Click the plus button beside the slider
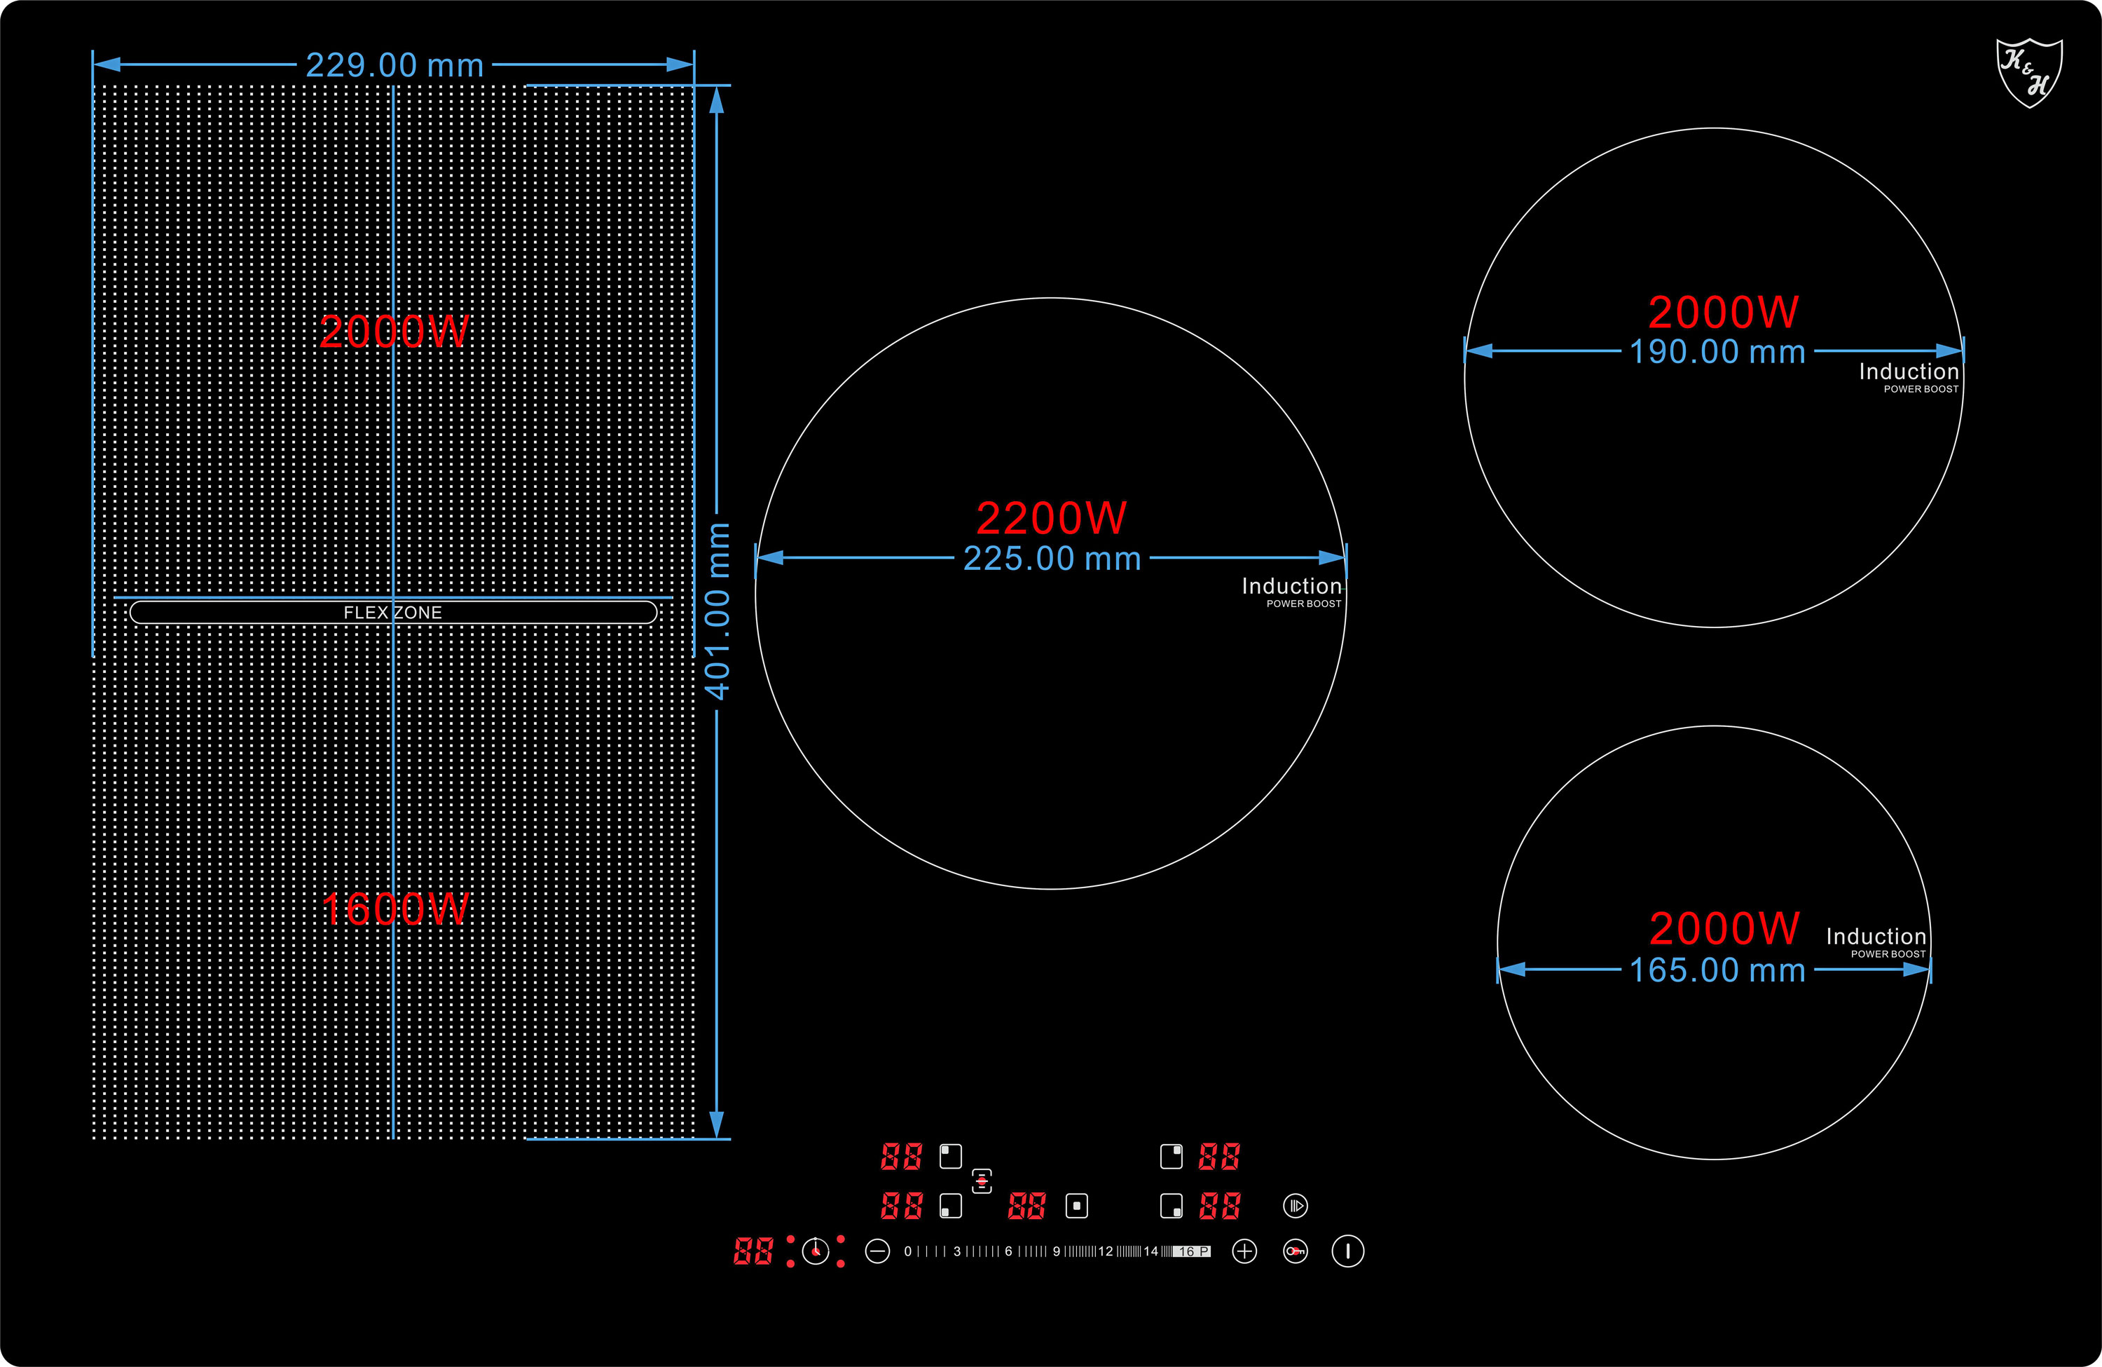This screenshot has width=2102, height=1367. [x=1244, y=1251]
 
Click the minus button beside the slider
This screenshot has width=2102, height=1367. [x=877, y=1251]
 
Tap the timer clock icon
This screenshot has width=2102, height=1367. [x=815, y=1251]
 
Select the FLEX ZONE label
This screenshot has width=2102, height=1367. [x=393, y=613]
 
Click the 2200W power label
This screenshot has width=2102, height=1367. [x=1051, y=518]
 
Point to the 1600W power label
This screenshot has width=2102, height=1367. [x=394, y=909]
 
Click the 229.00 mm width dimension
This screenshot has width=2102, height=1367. [x=394, y=65]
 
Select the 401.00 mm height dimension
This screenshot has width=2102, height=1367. [x=717, y=611]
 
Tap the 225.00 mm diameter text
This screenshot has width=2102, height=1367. [x=1052, y=559]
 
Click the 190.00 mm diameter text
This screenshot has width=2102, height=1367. [x=1718, y=352]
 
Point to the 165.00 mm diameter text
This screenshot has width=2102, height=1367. [x=1718, y=970]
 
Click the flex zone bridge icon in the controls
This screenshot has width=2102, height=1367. [x=982, y=1181]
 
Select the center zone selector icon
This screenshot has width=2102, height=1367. [x=1077, y=1206]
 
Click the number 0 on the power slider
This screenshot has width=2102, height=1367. [x=908, y=1251]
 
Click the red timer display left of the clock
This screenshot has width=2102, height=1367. [x=753, y=1251]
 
